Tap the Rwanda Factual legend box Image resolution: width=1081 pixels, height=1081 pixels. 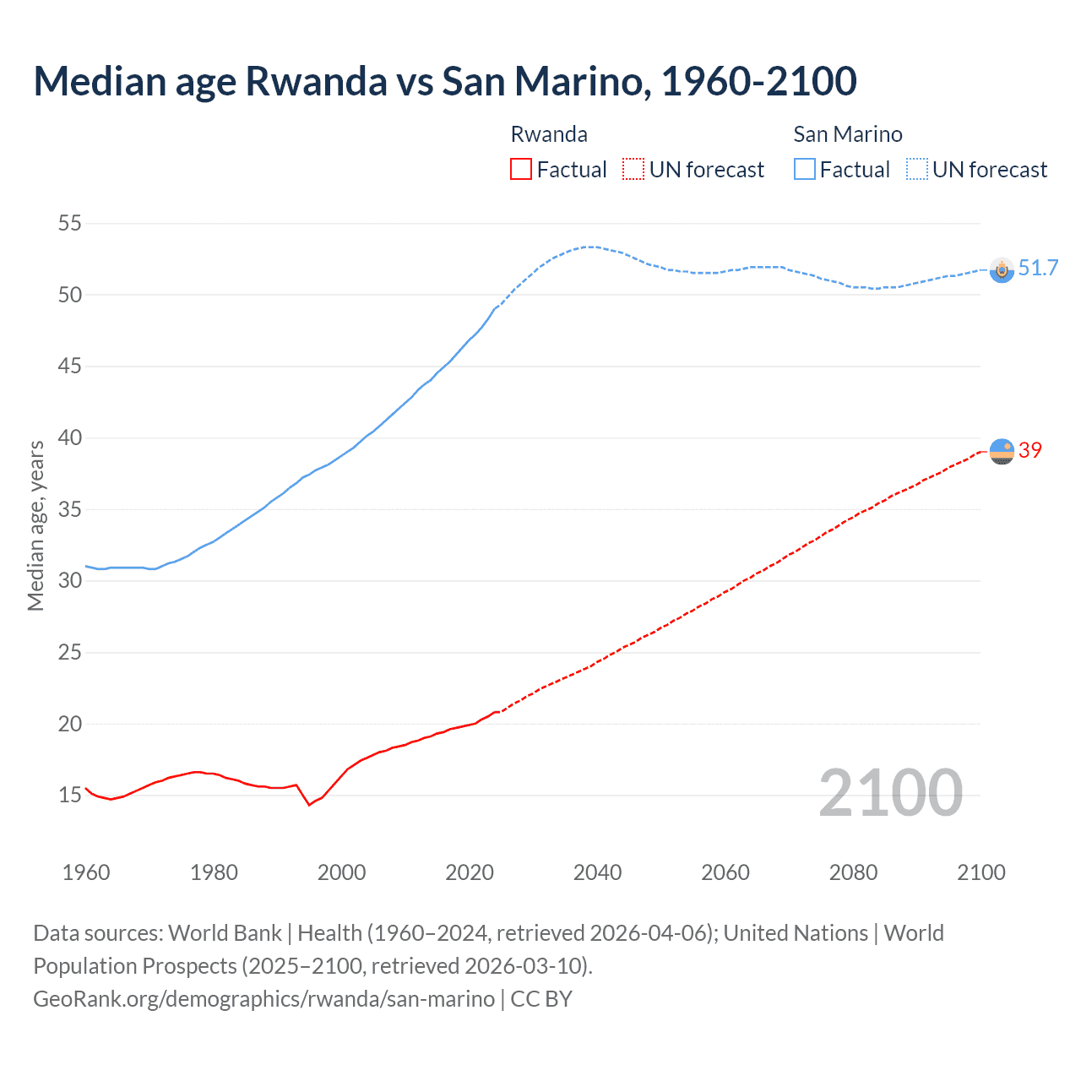521,170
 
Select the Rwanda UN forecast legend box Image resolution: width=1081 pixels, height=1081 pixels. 633,170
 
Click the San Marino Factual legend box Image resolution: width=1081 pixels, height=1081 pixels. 805,170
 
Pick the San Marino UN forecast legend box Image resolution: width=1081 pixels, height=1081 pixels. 917,170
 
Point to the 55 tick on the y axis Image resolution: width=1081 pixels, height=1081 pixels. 69,224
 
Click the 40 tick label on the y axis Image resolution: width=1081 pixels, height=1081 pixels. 69,437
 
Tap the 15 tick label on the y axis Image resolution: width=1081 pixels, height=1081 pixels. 69,795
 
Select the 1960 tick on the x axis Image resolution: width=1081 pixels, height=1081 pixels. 86,872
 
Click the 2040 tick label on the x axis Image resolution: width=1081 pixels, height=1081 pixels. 597,872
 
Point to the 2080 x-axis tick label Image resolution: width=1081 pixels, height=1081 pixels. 853,872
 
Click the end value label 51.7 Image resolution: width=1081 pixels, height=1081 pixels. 1038,269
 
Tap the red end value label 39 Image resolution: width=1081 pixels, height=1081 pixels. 1030,451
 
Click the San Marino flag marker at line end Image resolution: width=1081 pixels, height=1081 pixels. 1002,269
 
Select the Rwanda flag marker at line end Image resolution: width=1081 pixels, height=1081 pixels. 1002,452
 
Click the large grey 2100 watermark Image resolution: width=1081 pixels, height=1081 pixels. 890,793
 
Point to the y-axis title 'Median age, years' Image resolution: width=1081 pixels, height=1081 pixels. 35,525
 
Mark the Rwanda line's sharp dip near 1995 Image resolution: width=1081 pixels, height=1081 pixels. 309,804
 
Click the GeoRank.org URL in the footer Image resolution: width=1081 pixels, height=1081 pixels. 263,998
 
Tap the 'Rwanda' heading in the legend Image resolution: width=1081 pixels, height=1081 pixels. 549,134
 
